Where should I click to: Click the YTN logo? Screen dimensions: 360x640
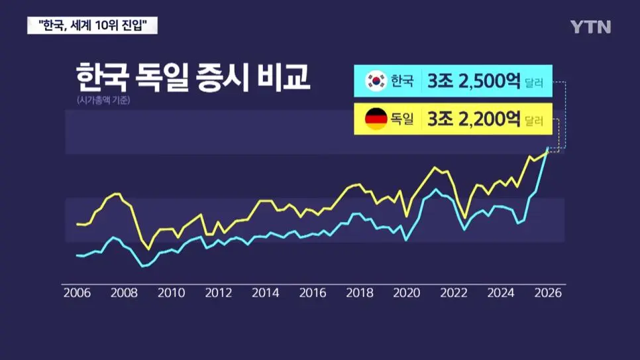pyautogui.click(x=590, y=27)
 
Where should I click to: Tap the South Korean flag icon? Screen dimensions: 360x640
pyautogui.click(x=376, y=81)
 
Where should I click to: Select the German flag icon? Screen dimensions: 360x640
pyautogui.click(x=376, y=119)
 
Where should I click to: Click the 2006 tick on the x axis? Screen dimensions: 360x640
pyautogui.click(x=76, y=293)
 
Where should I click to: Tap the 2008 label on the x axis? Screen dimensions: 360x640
pyautogui.click(x=123, y=293)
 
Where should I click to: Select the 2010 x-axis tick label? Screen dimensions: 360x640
pyautogui.click(x=171, y=293)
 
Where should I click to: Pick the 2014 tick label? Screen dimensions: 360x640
pyautogui.click(x=265, y=293)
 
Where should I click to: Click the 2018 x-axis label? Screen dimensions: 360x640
pyautogui.click(x=359, y=293)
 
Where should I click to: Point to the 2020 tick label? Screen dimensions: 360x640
pyautogui.click(x=406, y=293)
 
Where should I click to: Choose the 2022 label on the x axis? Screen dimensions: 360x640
pyautogui.click(x=453, y=293)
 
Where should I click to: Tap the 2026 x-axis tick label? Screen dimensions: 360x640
pyautogui.click(x=547, y=293)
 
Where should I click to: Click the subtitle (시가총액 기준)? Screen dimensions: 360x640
pyautogui.click(x=103, y=101)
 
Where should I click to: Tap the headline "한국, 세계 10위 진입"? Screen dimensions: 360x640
pyautogui.click(x=93, y=26)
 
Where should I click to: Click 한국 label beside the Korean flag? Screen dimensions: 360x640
pyautogui.click(x=402, y=82)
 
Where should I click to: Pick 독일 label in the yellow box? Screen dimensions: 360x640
pyautogui.click(x=402, y=120)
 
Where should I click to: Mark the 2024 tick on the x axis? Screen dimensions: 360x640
pyautogui.click(x=500, y=293)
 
